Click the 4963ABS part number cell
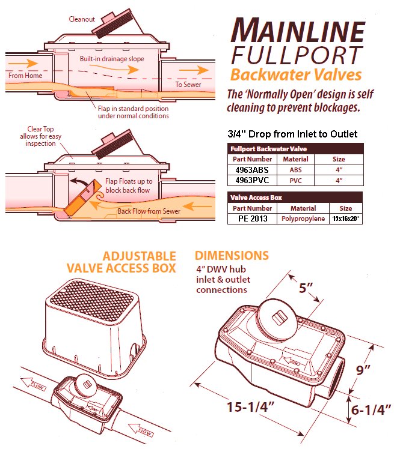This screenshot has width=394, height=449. click(x=252, y=170)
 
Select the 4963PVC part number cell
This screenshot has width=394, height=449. click(x=252, y=181)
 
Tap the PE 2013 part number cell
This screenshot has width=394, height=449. click(x=253, y=218)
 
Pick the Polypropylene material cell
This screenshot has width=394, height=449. click(x=303, y=218)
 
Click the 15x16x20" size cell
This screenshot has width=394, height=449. click(x=345, y=218)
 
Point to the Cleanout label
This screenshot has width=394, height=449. click(x=81, y=19)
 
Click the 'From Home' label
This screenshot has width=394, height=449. click(x=25, y=76)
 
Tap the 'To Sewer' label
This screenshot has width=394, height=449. click(x=188, y=85)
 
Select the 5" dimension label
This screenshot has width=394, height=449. click(x=306, y=288)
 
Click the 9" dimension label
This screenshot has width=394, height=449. click(x=363, y=370)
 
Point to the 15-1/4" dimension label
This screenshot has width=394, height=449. click(x=250, y=406)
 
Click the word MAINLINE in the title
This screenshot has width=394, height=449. click(x=298, y=31)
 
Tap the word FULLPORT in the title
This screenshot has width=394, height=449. click(x=297, y=55)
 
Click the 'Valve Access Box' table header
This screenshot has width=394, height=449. click(x=256, y=197)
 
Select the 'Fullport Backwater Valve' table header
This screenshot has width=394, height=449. click(x=269, y=149)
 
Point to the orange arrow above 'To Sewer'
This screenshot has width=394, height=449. click(x=194, y=70)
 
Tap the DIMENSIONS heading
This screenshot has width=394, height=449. click(x=232, y=256)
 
